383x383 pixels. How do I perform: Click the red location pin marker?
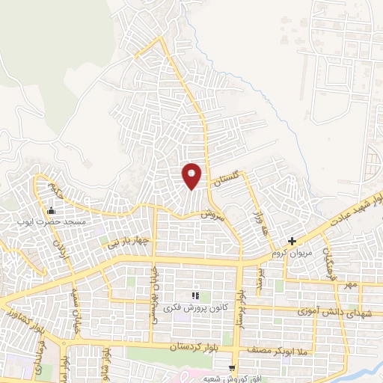[192, 176]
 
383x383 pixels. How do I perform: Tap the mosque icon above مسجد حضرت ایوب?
[50, 210]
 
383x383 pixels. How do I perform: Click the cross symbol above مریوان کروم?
[292, 242]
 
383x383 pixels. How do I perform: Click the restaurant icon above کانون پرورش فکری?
[196, 296]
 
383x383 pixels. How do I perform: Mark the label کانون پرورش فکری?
[195, 308]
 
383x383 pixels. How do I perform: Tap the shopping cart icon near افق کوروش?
[233, 369]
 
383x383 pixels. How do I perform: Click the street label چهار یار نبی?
[121, 242]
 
